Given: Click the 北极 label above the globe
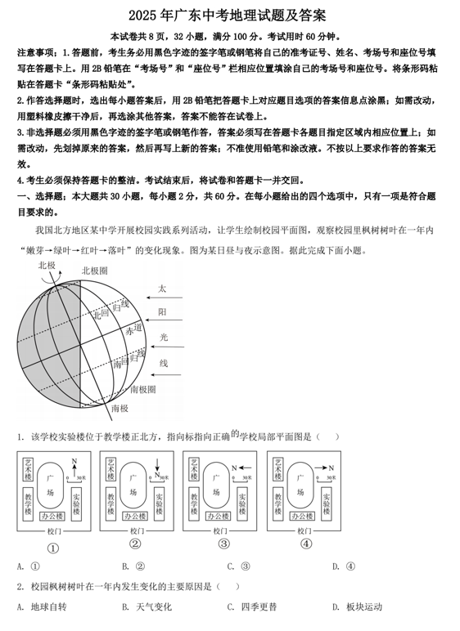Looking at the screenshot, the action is pos(47,266).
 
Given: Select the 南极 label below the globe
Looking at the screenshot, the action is pos(120,408).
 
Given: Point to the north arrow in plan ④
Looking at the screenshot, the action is pos(325,468).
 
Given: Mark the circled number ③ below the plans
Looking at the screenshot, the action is pos(223,544).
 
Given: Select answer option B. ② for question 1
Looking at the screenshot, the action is pos(133,566).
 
